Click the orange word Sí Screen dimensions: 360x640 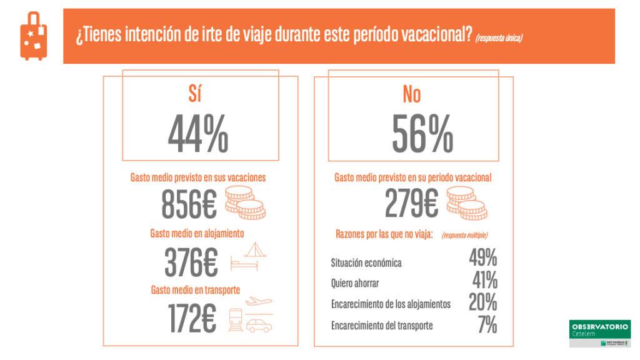point(196,94)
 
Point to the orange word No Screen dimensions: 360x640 point(412,94)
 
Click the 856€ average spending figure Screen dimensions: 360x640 point(189,204)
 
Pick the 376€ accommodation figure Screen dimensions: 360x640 point(191,261)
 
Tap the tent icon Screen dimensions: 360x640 point(256,251)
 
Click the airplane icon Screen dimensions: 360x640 point(258,301)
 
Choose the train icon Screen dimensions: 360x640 point(236,320)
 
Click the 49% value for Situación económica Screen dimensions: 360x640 point(483,257)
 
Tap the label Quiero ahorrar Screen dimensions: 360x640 point(355,283)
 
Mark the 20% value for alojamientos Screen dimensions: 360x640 point(483,302)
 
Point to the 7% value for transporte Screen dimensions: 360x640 point(487,325)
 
